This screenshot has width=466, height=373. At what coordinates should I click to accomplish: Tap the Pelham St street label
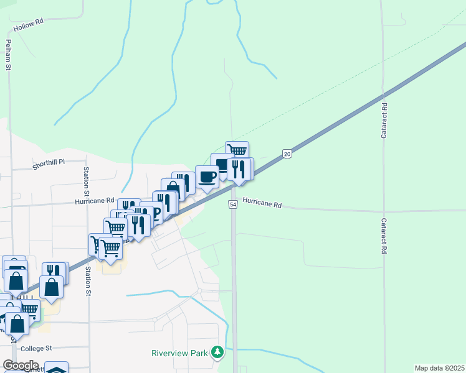[x=9, y=54]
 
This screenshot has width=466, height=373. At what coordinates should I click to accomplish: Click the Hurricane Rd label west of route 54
[x=94, y=201]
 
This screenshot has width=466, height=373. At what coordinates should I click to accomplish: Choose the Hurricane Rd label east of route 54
[x=262, y=203]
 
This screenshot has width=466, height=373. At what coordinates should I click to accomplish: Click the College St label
[x=36, y=349]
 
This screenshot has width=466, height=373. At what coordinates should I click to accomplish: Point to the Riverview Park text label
[x=179, y=353]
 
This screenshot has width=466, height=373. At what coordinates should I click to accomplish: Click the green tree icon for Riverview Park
[x=217, y=353]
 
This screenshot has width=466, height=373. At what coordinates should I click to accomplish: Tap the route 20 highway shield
[x=287, y=154]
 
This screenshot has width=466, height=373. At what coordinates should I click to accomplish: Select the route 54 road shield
[x=233, y=205]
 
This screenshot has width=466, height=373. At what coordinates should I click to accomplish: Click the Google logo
[x=21, y=366]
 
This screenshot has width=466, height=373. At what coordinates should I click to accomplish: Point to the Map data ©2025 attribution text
[x=439, y=368]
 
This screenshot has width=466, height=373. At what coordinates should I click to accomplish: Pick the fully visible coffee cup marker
[x=207, y=177]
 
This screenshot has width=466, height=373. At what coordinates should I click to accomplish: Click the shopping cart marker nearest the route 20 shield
[x=237, y=151]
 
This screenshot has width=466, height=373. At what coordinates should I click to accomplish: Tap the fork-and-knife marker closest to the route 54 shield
[x=239, y=168]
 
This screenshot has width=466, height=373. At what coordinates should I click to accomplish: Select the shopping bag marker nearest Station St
[x=51, y=287]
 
